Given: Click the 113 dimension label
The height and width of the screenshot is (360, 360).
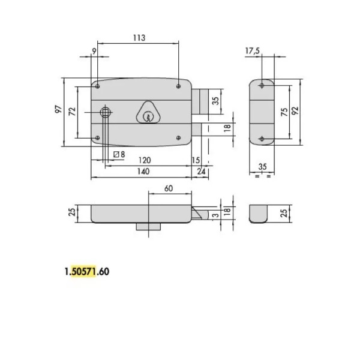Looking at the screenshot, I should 139,38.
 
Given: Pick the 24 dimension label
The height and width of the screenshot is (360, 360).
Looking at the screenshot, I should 200,172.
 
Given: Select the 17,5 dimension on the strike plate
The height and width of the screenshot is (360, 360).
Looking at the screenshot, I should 253,51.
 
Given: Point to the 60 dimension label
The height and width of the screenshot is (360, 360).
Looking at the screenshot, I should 169,188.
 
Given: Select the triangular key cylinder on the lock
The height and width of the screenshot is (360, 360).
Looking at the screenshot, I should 146,112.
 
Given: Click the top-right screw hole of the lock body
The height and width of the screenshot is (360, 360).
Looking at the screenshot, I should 179,86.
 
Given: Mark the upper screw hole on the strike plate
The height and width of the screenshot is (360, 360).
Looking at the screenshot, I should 260,86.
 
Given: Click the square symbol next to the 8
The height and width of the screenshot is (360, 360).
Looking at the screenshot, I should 116,154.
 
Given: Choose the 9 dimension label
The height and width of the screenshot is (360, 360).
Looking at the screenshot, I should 94,51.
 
